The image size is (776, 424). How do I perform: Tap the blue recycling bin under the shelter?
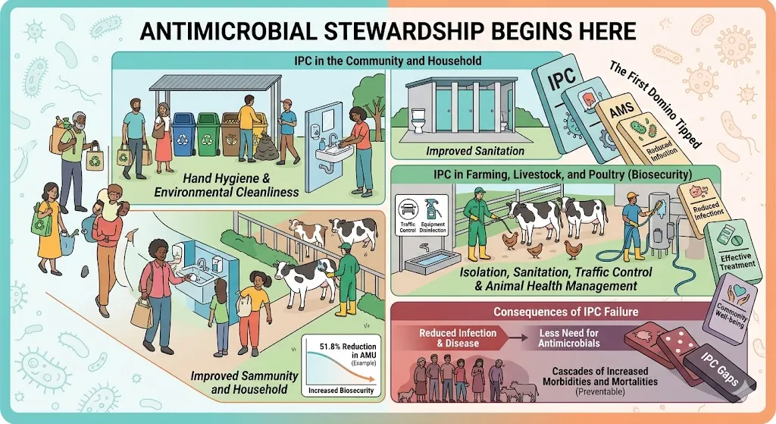pos(184,133)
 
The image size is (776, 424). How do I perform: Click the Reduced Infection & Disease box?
pos(459,338)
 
